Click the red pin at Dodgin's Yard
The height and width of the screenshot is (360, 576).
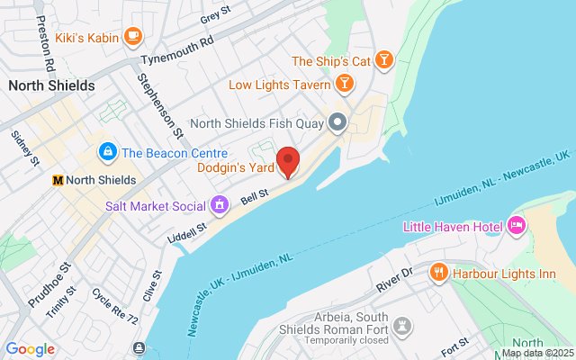pos(288,160)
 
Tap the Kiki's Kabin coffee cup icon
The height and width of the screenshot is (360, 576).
pos(133,36)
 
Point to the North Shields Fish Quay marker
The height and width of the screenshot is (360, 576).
pos(338,121)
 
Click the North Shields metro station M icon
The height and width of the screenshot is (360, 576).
pos(58,179)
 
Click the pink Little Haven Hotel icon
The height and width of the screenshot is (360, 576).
pos(517,224)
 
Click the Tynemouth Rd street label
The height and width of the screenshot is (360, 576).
pos(181,53)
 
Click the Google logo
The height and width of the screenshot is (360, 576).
pos(31,349)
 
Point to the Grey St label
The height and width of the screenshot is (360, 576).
pos(217,16)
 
